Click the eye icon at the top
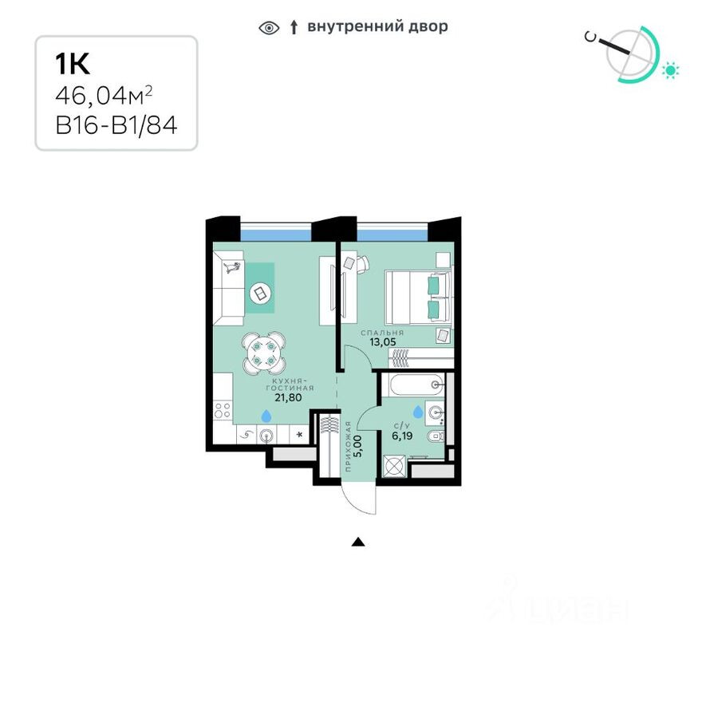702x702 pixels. (x=270, y=28)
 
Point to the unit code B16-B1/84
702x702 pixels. (x=116, y=125)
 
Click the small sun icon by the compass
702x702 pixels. (x=671, y=71)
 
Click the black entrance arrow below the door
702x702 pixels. (x=358, y=542)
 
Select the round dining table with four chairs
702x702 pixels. (x=263, y=352)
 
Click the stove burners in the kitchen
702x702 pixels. (x=223, y=411)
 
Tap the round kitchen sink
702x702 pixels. (x=268, y=435)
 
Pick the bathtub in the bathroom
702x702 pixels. (x=413, y=385)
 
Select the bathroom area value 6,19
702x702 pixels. (x=401, y=436)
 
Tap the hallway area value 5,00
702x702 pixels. (x=357, y=445)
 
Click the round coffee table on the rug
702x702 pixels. (x=260, y=294)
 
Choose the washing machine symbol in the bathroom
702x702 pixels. (x=394, y=466)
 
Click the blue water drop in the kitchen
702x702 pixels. (x=265, y=415)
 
